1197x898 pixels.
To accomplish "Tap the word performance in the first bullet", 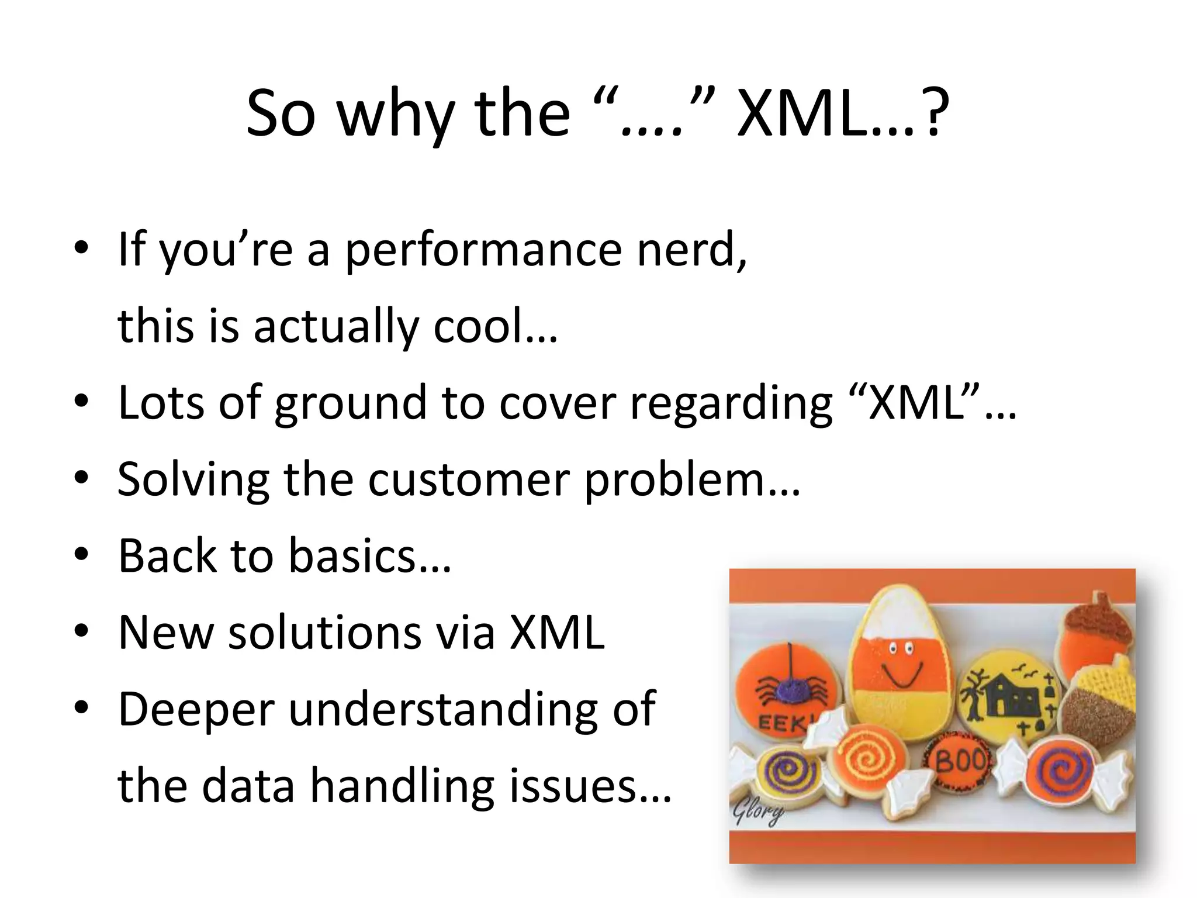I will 483,250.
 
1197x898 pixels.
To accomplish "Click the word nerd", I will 690,250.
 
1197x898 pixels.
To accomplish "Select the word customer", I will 468,480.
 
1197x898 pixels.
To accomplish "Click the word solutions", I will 324,633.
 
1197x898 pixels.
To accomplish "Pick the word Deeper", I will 196,710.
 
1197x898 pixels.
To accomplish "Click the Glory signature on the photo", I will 758,813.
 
